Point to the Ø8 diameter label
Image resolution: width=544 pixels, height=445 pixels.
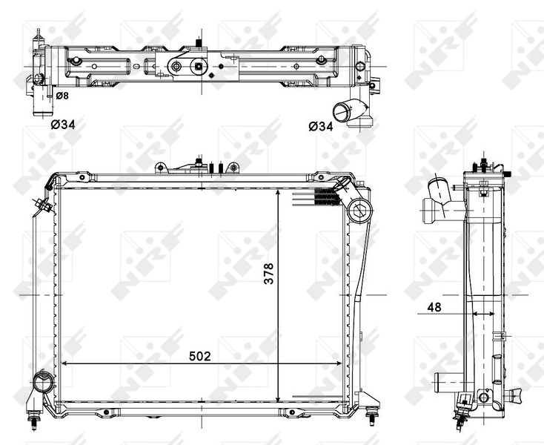coord(62,96)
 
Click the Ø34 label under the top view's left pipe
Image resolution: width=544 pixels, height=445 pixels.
coord(63,125)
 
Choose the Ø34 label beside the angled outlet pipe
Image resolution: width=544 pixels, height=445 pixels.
coord(320,125)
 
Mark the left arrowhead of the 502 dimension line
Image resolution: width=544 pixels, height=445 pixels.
coord(62,364)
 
